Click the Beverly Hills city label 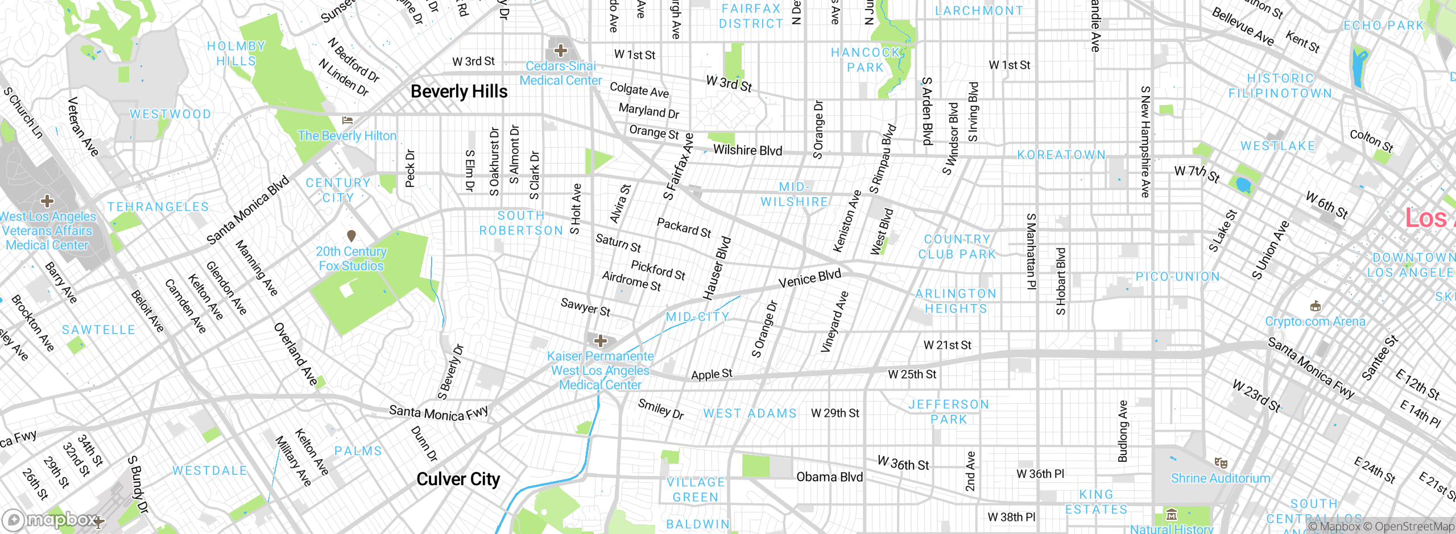[x=458, y=91]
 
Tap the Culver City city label [x=458, y=479]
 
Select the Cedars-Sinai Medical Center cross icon [x=561, y=51]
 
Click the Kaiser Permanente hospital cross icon [x=600, y=341]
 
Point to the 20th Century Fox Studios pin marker [x=351, y=235]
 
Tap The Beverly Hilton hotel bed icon [x=348, y=120]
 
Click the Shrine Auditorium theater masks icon [x=1221, y=462]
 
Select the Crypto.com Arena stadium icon [x=1315, y=307]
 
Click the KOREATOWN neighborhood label [x=1061, y=155]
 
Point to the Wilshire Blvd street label [x=747, y=151]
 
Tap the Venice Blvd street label [x=809, y=279]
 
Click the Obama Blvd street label [x=829, y=477]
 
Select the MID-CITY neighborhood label [x=697, y=316]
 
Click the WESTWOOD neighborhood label [x=170, y=114]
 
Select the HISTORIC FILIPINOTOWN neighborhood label [x=1280, y=86]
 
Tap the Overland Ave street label [x=295, y=354]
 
